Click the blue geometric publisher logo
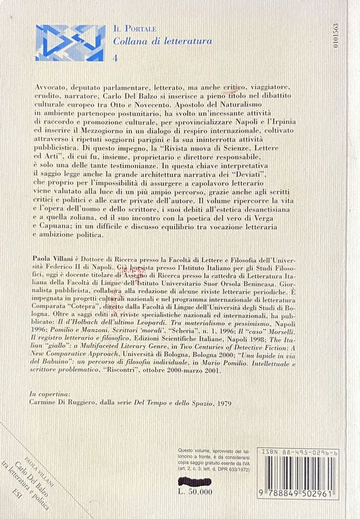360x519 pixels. pos(70,43)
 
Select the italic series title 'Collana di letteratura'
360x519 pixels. pos(163,41)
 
